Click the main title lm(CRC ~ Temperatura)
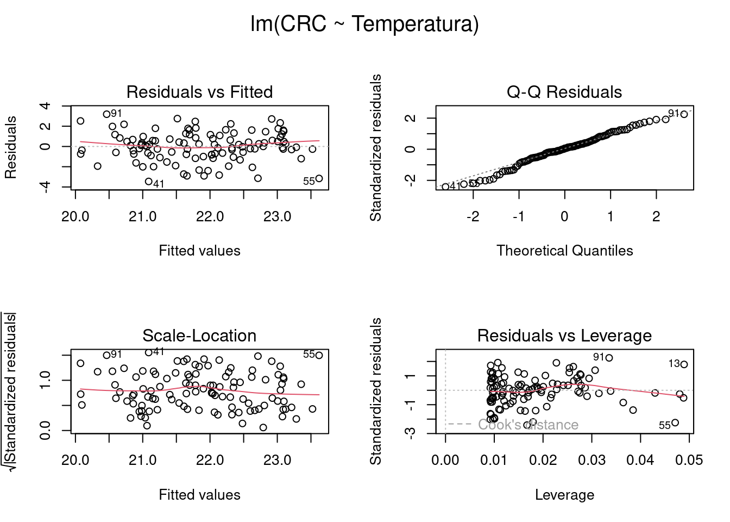click(x=364, y=24)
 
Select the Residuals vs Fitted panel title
click(x=199, y=92)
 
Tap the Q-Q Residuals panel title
click(x=564, y=92)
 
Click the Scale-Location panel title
click(x=199, y=335)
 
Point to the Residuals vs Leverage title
click(x=564, y=335)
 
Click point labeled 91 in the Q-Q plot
click(x=684, y=114)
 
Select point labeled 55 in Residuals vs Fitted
click(x=319, y=178)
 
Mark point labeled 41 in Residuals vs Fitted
click(x=149, y=182)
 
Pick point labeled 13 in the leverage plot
click(x=684, y=364)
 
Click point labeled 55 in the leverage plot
click(x=675, y=422)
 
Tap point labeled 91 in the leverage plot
click(x=609, y=358)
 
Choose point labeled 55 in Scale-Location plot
click(x=319, y=356)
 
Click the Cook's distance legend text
click(x=528, y=425)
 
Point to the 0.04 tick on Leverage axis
click(x=640, y=461)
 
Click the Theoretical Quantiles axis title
click(x=564, y=251)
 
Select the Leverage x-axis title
click(x=564, y=495)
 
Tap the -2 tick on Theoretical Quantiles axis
click(x=473, y=216)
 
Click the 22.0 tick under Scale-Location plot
click(x=210, y=461)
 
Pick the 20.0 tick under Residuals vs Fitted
click(x=75, y=216)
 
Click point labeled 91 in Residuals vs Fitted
click(x=106, y=114)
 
